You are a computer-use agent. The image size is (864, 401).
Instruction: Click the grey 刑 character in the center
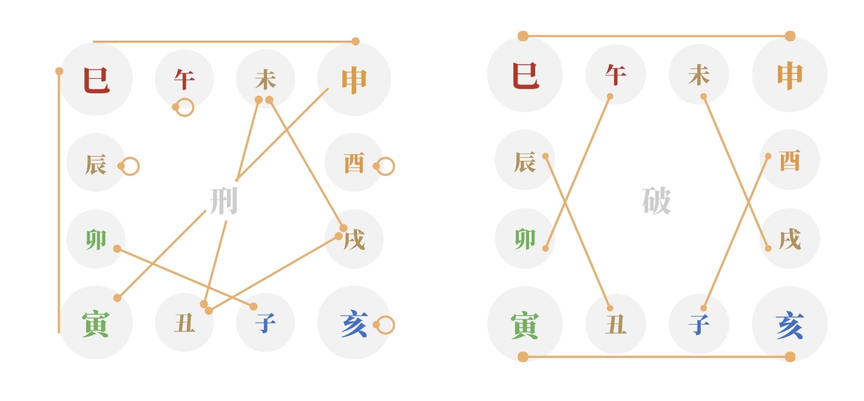coord(224,201)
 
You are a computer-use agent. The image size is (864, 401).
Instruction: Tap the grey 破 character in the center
coord(656,201)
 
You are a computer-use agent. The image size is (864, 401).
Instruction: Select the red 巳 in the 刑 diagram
coord(96,80)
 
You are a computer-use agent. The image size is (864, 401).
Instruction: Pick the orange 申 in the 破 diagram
coord(789,76)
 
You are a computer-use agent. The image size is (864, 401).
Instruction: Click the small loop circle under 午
coord(185,107)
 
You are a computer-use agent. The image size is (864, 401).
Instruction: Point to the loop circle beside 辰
coord(130,167)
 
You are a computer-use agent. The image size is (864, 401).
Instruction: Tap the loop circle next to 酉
coord(385,167)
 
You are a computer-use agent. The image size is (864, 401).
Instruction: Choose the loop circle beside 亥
coord(385,325)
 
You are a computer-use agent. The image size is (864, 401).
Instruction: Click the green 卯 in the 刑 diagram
coord(96,240)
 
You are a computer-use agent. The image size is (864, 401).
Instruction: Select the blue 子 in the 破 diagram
coord(699,324)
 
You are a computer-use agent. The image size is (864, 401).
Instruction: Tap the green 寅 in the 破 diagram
coord(525,326)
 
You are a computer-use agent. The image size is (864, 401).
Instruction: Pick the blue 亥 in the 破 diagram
coord(789,326)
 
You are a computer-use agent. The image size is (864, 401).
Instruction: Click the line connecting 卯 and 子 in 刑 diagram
coord(185,278)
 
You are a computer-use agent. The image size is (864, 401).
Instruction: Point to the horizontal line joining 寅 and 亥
coord(656,357)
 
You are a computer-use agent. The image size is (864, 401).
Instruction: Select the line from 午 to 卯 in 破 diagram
coord(578,172)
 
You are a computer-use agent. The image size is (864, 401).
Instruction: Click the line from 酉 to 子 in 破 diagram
coord(735,232)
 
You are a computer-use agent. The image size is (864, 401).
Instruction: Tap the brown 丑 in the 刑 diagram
coord(184,323)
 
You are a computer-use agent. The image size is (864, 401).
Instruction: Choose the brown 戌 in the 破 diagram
coord(789,239)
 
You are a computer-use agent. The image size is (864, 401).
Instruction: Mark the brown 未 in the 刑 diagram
coord(266,80)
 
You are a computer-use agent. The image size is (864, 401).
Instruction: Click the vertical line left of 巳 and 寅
coord(59,201)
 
